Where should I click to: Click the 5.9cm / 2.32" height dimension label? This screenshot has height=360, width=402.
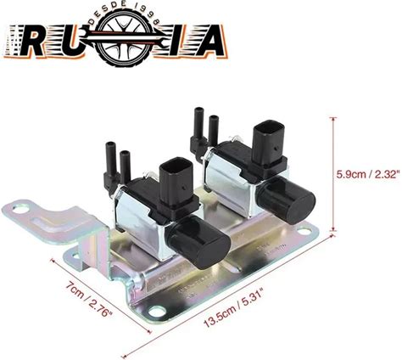point(368,173)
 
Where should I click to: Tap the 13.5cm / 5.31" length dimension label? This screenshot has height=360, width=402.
point(235,310)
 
